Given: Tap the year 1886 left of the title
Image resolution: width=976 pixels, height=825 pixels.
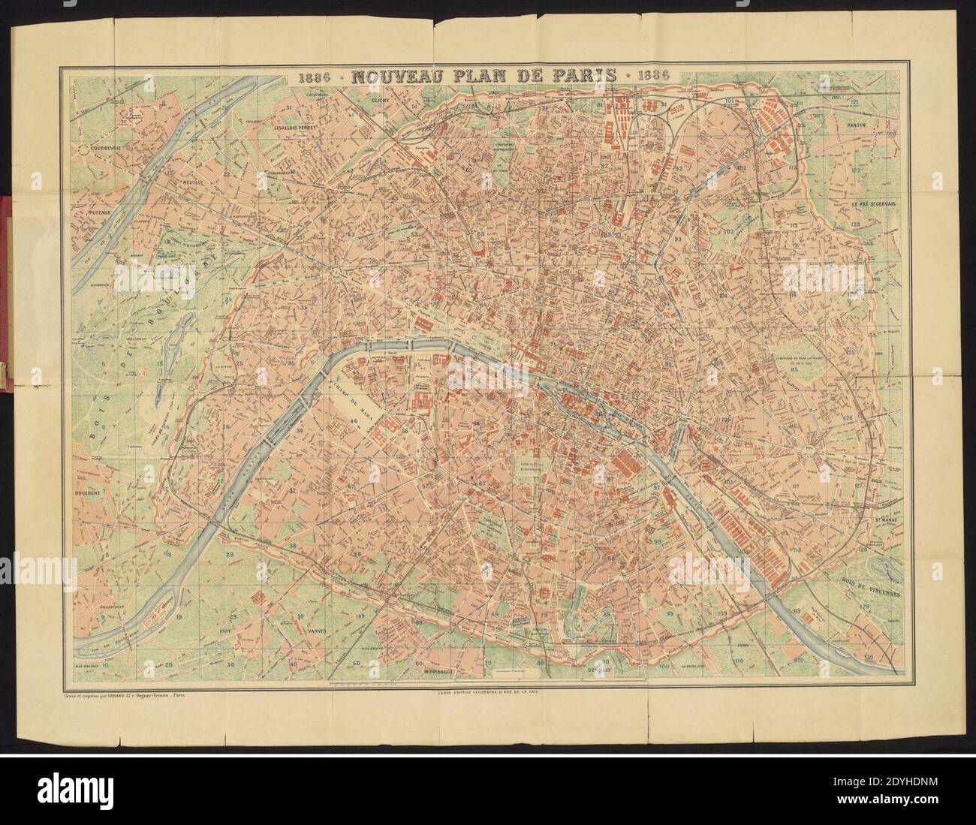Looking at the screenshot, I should coord(317,76).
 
